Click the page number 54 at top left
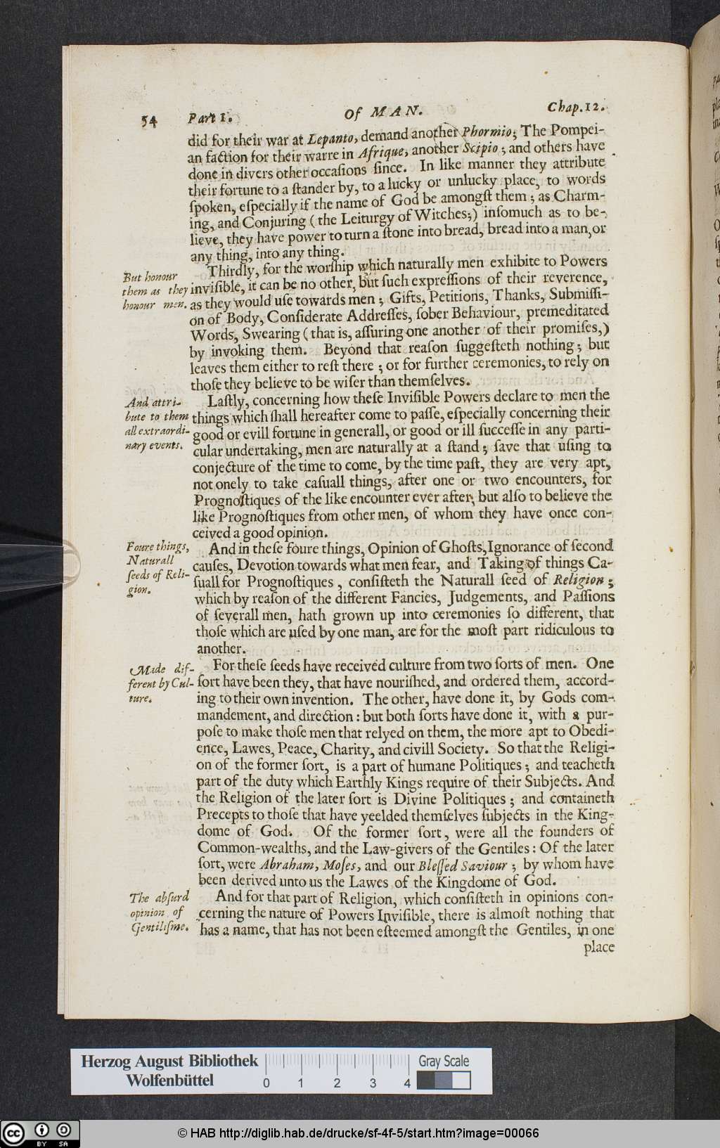[x=148, y=121]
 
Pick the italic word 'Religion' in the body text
[x=578, y=580]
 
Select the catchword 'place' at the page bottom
[x=598, y=947]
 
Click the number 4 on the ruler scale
[x=407, y=1083]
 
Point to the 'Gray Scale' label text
[x=444, y=1061]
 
